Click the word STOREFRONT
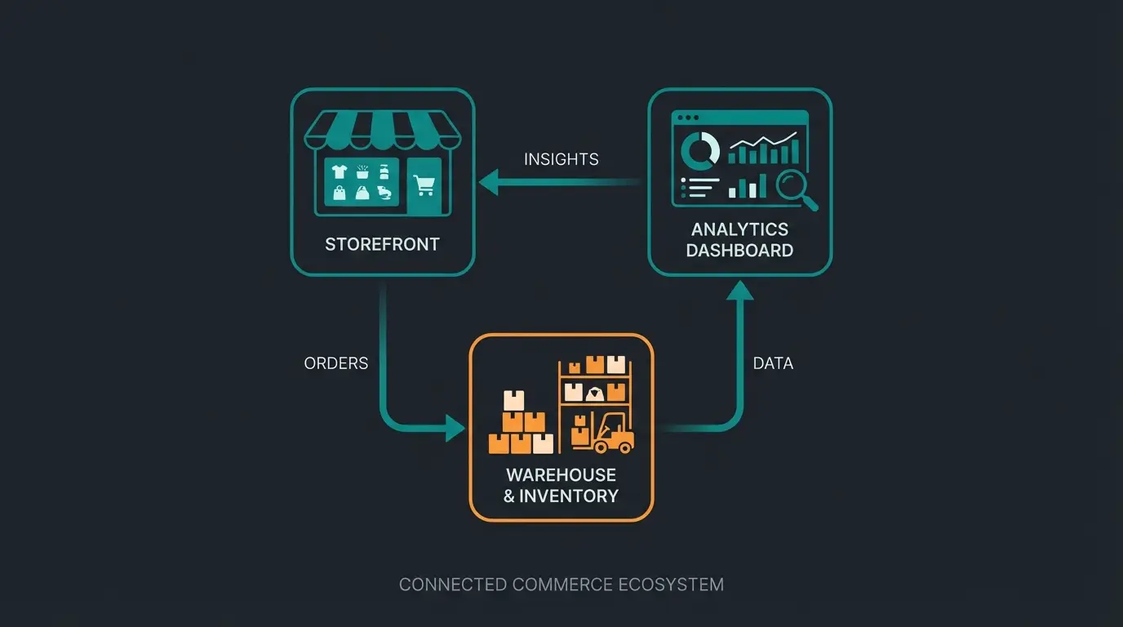pos(382,244)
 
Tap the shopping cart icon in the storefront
pos(424,185)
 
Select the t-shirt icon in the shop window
pos(339,171)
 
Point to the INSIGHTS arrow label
pos(561,159)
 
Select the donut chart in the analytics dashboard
pos(699,149)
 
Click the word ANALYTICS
pos(739,229)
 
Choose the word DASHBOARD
pos(739,251)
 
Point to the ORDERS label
pos(335,363)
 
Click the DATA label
pos(773,363)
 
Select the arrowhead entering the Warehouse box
pos(455,427)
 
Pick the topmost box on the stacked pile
pos(514,400)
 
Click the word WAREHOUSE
pos(561,475)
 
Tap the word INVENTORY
pos(569,496)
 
